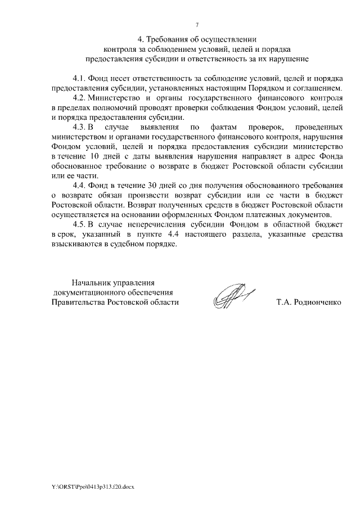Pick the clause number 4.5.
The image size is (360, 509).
click(x=79, y=224)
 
